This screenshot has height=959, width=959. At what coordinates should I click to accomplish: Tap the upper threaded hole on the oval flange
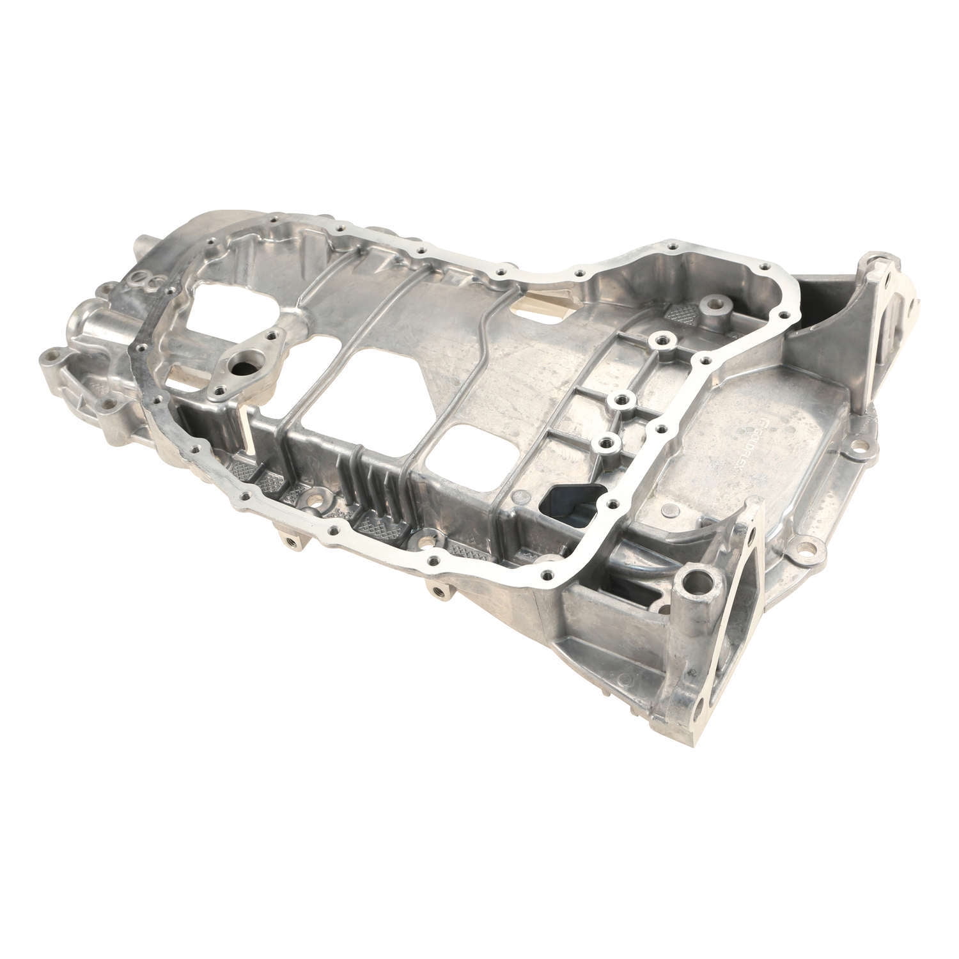pos(274,334)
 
